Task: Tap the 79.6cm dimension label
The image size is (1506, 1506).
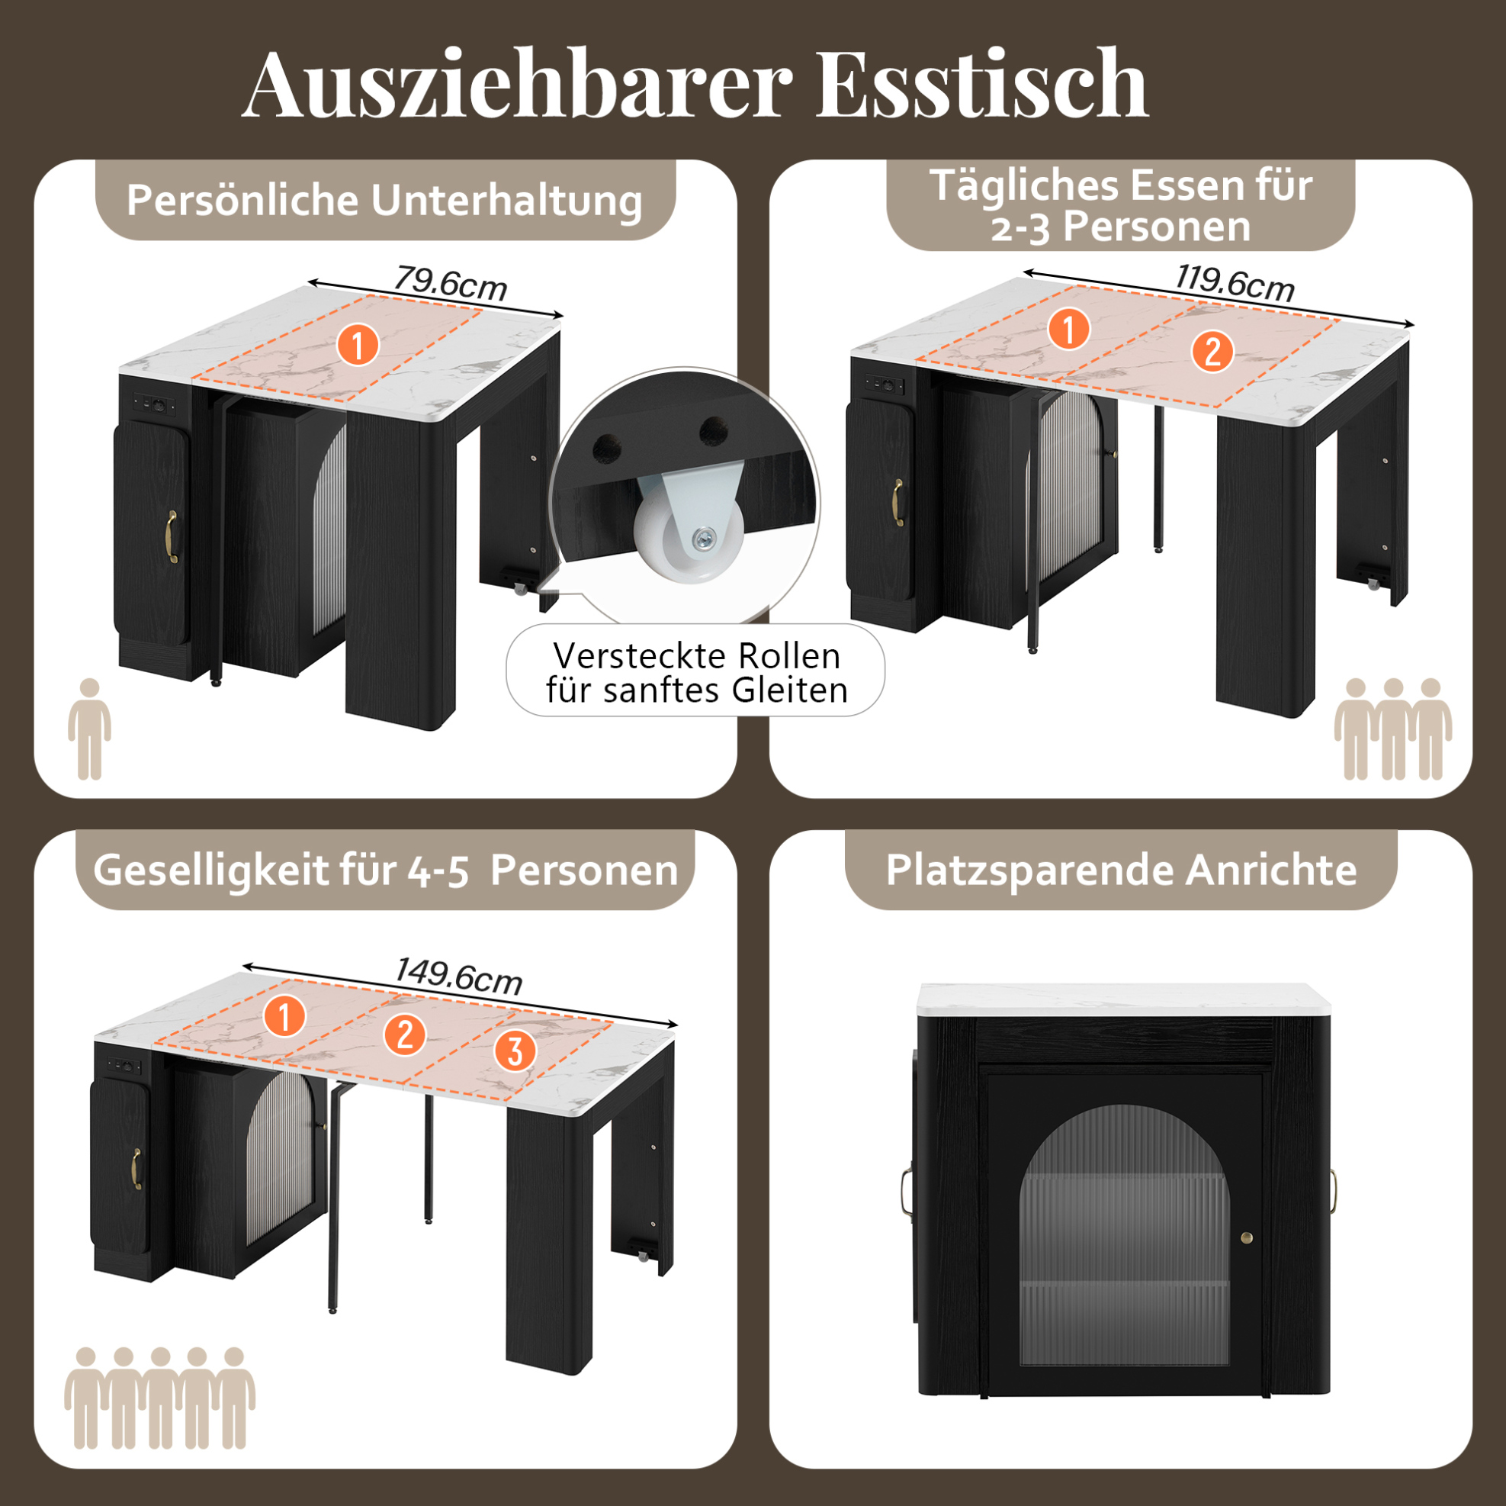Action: [450, 282]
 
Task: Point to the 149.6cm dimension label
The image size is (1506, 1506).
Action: [458, 975]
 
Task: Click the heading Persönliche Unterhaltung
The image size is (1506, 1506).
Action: [384, 201]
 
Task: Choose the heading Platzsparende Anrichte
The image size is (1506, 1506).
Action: [1121, 870]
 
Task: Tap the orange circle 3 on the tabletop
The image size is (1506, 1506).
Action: [515, 1051]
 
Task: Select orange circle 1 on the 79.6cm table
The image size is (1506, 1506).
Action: [358, 345]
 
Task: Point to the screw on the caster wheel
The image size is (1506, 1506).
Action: [705, 536]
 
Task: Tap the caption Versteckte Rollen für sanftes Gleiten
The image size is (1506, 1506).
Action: [697, 672]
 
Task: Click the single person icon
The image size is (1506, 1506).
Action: [89, 729]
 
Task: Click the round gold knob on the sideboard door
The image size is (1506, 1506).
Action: [1247, 1237]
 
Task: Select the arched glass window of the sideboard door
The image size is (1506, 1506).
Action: [1124, 1234]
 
